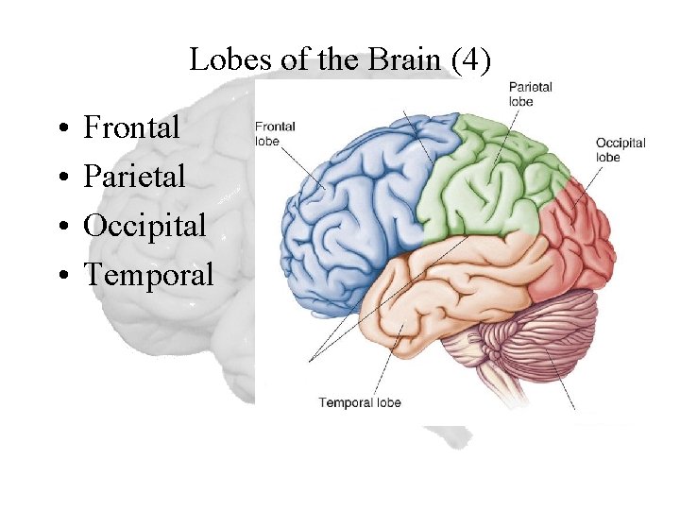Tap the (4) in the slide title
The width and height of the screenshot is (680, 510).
(471, 60)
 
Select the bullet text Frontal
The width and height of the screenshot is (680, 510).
(131, 127)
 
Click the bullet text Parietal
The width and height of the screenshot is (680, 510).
(134, 176)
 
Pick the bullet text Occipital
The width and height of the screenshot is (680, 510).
(144, 225)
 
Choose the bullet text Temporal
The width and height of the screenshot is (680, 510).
(149, 274)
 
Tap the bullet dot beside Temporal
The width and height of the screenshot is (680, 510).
(59, 276)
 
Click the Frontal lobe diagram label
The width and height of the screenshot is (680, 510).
(275, 132)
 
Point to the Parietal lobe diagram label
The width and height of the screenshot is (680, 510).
(530, 93)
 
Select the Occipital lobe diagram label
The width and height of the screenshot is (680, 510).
(620, 150)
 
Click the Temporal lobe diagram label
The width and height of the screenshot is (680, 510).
(360, 402)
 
